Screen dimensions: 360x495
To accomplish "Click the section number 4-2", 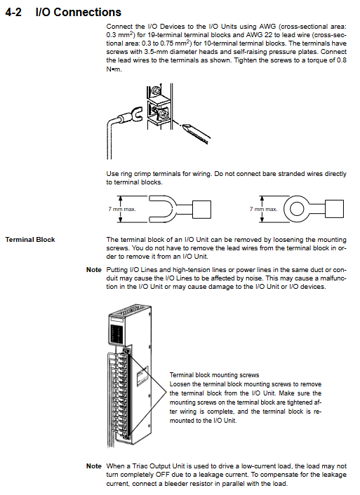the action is [x=13, y=13].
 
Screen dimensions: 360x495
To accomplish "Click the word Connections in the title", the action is [x=88, y=13].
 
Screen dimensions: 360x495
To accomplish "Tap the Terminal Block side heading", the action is [x=30, y=240].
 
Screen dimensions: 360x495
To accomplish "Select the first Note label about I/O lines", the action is [x=94, y=270].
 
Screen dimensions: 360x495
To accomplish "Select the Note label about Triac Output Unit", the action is [x=94, y=466].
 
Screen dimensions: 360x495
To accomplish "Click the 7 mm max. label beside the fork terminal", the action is [x=122, y=209].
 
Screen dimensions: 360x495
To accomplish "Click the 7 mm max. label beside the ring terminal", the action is [x=263, y=209].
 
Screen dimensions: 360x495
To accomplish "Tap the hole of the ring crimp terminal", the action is [x=297, y=209].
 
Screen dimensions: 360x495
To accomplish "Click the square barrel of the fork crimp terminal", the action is [x=201, y=209].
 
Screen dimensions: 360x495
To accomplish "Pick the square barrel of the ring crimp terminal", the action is [x=334, y=209].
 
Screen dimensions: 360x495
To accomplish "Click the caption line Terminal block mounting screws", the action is [x=214, y=375].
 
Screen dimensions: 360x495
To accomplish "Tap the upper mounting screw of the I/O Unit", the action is [x=127, y=352].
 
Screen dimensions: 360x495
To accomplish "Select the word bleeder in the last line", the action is [x=175, y=484].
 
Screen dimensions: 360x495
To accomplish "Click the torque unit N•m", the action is [x=114, y=69].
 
